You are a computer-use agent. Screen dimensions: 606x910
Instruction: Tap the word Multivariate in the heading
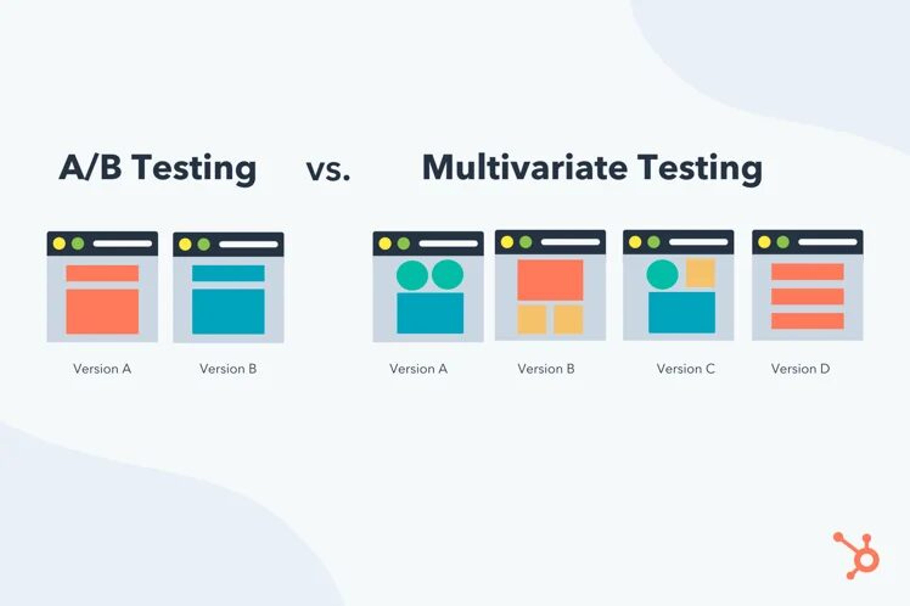[x=525, y=167]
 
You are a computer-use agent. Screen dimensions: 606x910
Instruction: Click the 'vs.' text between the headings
[x=328, y=170]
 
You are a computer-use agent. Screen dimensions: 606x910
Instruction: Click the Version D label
[x=800, y=369]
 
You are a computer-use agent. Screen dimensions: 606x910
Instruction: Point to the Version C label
[x=686, y=369]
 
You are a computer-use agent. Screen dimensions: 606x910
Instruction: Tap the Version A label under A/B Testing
[x=102, y=369]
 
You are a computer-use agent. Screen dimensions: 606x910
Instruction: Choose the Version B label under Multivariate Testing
[x=546, y=369]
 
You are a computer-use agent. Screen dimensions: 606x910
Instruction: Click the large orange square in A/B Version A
[x=102, y=311]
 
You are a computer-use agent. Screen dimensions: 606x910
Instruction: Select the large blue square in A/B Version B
[x=228, y=311]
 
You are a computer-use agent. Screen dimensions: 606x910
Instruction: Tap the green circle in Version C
[x=662, y=274]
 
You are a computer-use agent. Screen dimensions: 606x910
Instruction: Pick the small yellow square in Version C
[x=701, y=273]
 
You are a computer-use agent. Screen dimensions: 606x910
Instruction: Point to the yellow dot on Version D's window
[x=764, y=242]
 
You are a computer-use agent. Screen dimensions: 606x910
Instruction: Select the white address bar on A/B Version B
[x=248, y=244]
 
